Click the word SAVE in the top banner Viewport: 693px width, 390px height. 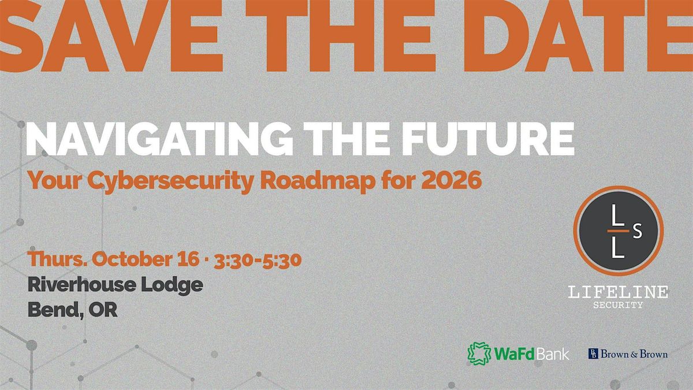[x=111, y=36]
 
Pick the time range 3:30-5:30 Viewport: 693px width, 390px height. [x=258, y=261]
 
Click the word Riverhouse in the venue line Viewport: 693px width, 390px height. [x=81, y=284]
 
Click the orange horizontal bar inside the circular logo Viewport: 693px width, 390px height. [x=618, y=231]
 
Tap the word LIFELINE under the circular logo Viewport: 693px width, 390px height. [x=618, y=292]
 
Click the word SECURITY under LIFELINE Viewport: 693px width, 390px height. [x=618, y=305]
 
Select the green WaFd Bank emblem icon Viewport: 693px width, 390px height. [x=479, y=354]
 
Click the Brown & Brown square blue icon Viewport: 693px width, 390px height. [x=593, y=354]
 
